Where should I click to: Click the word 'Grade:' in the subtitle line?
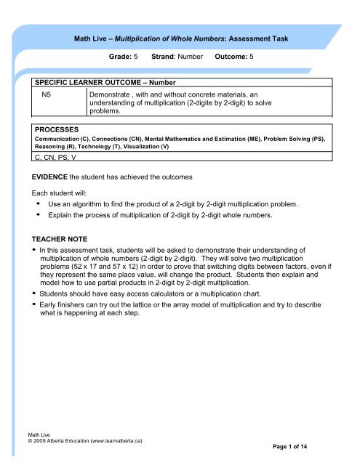(x=120, y=55)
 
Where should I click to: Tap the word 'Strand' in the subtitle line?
(x=166, y=55)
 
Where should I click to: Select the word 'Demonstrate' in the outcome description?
(x=111, y=94)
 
